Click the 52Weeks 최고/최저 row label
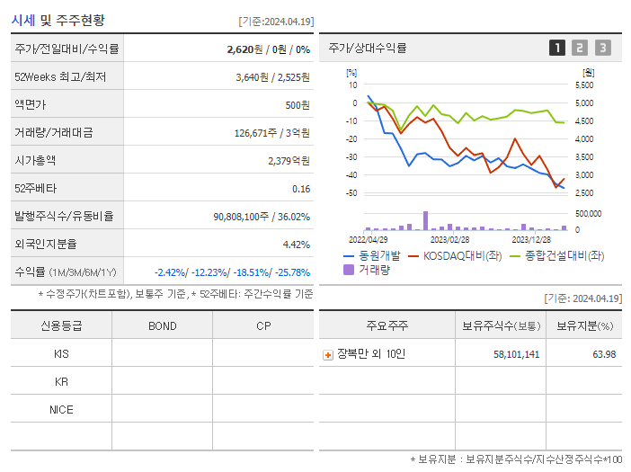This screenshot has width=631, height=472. tap(60, 77)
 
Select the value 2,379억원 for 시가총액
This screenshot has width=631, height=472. tap(289, 161)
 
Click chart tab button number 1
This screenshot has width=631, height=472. tap(557, 48)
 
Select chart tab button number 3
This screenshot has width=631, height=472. tap(602, 48)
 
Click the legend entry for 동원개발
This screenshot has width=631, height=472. tap(369, 255)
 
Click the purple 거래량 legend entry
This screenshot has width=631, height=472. tap(367, 269)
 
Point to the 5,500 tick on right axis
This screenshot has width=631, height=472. tap(583, 85)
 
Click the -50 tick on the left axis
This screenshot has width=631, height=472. tap(351, 193)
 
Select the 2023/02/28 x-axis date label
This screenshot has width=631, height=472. tap(449, 240)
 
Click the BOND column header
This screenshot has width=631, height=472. tap(162, 325)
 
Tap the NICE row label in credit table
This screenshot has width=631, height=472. tap(61, 409)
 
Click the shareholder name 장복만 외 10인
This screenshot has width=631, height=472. tap(370, 354)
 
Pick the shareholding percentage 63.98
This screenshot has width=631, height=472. tap(604, 354)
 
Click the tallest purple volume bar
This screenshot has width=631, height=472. tap(425, 221)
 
